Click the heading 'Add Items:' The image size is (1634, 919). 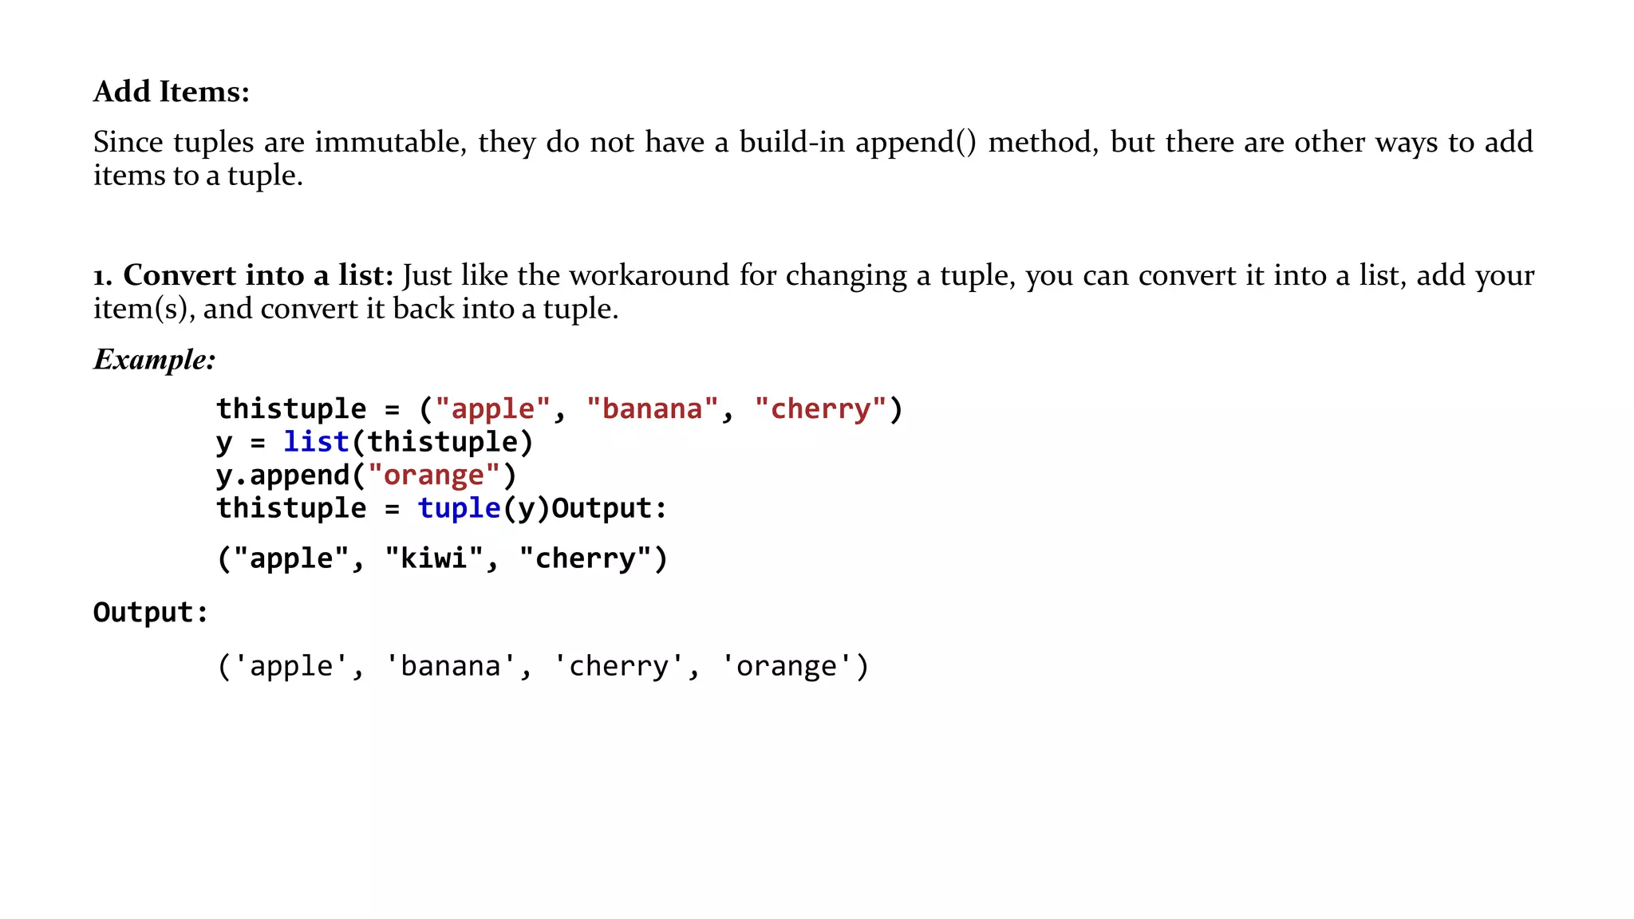coord(172,92)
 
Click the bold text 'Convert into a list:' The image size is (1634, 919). coord(259,275)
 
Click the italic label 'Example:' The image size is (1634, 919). coord(155,359)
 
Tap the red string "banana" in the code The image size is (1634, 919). coord(653,408)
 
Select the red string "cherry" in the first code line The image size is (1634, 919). coord(820,408)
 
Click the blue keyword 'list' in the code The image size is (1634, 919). coord(317,442)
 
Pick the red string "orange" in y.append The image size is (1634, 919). coord(434,475)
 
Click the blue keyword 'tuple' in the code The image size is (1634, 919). coord(459,508)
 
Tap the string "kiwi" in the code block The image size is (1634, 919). coord(434,558)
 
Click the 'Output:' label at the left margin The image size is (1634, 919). coord(151,613)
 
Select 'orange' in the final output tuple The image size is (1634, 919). coord(787,666)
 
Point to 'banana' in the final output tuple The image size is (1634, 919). coord(451,666)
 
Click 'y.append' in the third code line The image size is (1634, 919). coord(283,475)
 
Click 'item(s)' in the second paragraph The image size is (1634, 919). coord(143,309)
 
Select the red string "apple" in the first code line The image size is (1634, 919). coord(493,408)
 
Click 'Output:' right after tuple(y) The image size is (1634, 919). coord(610,508)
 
